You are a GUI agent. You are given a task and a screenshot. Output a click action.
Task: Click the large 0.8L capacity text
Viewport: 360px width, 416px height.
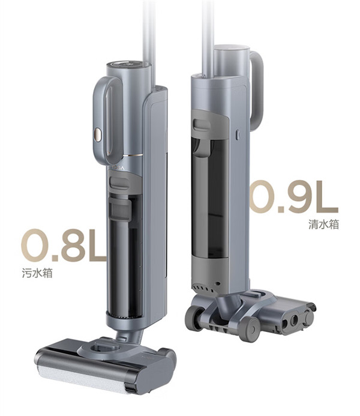coord(64,245)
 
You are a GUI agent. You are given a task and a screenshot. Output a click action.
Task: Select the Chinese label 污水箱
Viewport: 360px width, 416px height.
coord(37,273)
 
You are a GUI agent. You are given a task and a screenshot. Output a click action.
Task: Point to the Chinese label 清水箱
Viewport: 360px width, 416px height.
coord(323,224)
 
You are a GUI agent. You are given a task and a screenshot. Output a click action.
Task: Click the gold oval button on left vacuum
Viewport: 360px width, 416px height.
coord(98,134)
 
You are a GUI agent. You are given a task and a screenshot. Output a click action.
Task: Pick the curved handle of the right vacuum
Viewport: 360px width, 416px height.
coord(257,88)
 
